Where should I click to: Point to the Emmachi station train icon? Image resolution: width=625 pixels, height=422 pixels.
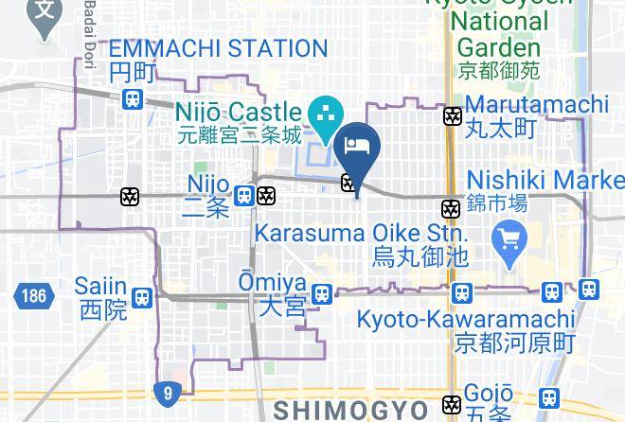click(x=134, y=97)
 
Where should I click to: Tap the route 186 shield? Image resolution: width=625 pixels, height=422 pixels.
click(x=30, y=295)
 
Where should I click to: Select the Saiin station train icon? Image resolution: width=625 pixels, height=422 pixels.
click(x=142, y=297)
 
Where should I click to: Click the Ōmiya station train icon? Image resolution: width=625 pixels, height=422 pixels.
click(x=323, y=293)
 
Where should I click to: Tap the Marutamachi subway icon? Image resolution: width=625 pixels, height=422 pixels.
click(x=453, y=116)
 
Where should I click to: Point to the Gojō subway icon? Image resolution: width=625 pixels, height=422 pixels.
click(x=453, y=404)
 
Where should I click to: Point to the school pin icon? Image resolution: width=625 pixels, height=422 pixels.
click(x=44, y=18)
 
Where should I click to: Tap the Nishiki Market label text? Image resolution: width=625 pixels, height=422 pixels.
click(x=545, y=180)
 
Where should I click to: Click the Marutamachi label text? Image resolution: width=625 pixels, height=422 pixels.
click(x=536, y=104)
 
